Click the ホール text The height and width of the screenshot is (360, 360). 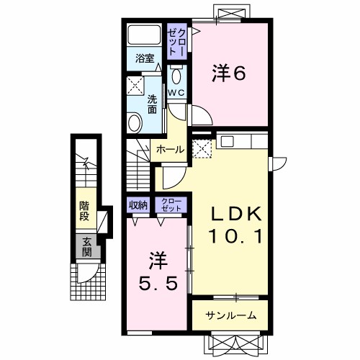pyautogui.click(x=170, y=150)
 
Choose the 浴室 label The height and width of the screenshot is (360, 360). pyautogui.click(x=145, y=59)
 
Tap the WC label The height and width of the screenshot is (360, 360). pyautogui.click(x=177, y=93)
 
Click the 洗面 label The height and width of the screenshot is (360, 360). pyautogui.click(x=153, y=104)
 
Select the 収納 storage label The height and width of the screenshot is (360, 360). pyautogui.click(x=138, y=205)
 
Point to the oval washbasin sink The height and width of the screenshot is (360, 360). pyautogui.click(x=135, y=123)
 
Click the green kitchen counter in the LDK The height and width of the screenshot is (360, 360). pyautogui.click(x=240, y=138)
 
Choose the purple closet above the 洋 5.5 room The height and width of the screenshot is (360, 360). pyautogui.click(x=172, y=205)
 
